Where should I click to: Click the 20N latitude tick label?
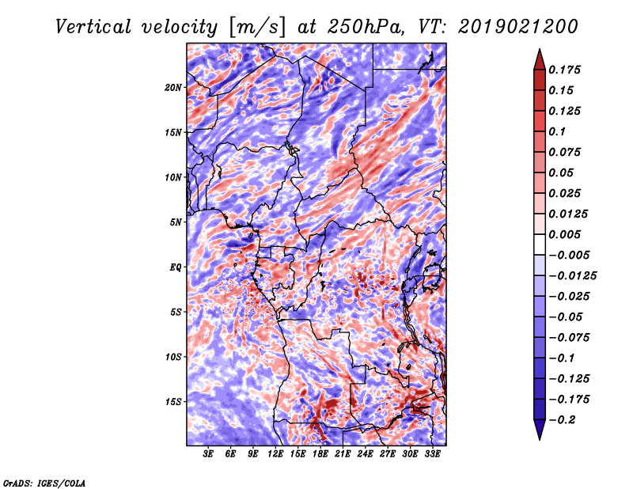click(173, 88)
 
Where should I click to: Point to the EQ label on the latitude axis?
click(175, 267)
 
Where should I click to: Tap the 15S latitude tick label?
click(173, 402)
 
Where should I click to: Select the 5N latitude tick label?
click(176, 222)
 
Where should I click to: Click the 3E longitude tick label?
click(208, 454)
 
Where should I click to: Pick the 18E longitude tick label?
click(320, 454)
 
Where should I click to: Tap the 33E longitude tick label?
click(432, 454)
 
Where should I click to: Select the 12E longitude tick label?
click(275, 454)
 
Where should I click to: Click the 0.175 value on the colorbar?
click(564, 70)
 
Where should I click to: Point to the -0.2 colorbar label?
click(562, 420)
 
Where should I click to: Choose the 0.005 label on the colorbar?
click(564, 234)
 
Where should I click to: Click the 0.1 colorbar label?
click(557, 131)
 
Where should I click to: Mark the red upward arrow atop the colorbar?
click(540, 59)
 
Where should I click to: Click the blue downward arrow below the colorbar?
click(540, 430)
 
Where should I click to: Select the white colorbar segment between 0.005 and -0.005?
click(540, 244)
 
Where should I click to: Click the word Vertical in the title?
click(93, 27)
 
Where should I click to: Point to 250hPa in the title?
click(365, 27)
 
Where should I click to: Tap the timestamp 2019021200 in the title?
click(517, 27)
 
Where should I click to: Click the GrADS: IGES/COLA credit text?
click(44, 483)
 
